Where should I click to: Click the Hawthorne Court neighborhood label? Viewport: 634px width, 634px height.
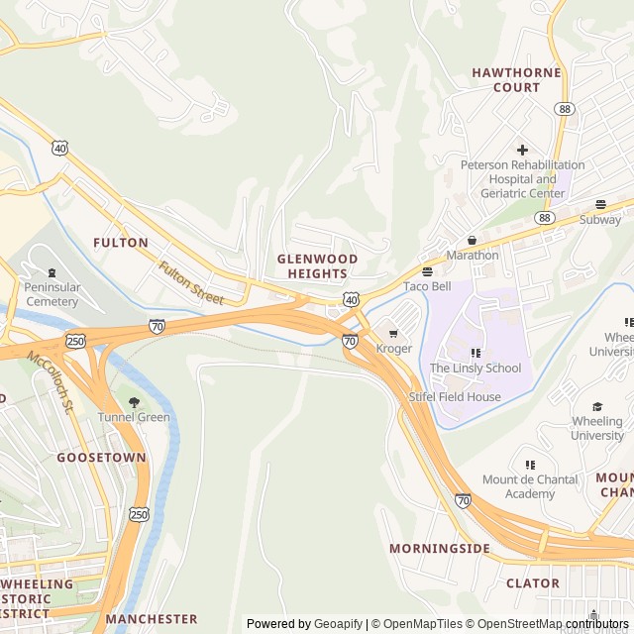click(x=516, y=80)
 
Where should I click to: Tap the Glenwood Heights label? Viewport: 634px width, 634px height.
click(x=317, y=265)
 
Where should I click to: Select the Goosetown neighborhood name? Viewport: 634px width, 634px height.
click(x=101, y=458)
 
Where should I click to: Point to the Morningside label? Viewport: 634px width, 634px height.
click(x=439, y=548)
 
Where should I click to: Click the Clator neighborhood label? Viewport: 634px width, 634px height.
click(x=533, y=583)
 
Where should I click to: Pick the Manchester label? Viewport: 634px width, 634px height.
click(x=152, y=619)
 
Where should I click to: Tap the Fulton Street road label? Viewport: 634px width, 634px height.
click(x=192, y=282)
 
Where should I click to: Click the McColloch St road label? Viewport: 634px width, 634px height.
click(x=51, y=381)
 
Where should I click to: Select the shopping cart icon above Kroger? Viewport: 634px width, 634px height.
click(x=394, y=333)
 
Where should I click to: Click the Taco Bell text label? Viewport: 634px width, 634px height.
click(x=427, y=287)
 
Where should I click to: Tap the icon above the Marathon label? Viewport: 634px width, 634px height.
click(x=472, y=240)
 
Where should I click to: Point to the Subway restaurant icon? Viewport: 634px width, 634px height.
click(x=600, y=204)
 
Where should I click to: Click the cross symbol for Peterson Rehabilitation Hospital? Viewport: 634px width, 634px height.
click(x=522, y=150)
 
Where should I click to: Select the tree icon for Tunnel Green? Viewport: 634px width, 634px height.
click(x=134, y=402)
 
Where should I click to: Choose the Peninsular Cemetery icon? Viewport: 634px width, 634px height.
click(x=52, y=272)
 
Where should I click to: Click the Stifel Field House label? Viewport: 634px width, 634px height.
click(x=455, y=397)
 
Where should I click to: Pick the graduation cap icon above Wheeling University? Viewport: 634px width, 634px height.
click(x=597, y=406)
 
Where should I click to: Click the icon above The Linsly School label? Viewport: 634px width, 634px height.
click(x=475, y=353)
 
